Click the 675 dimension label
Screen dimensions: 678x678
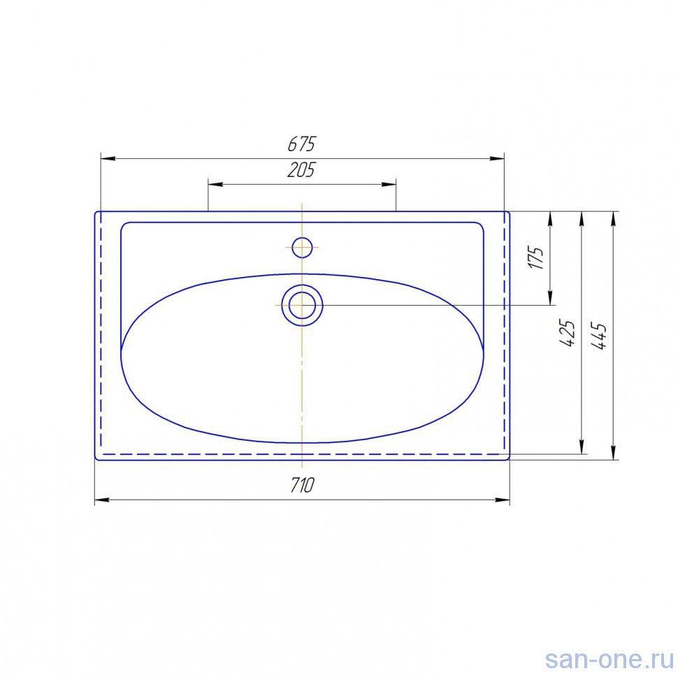[302, 144]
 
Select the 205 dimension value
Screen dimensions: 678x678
[301, 170]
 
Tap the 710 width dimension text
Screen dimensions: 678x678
[302, 486]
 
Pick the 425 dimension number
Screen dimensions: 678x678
[568, 333]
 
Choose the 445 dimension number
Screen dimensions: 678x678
[599, 336]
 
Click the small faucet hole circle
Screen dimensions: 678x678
[302, 248]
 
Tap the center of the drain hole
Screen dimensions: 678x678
[302, 305]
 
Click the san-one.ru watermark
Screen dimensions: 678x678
[609, 661]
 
